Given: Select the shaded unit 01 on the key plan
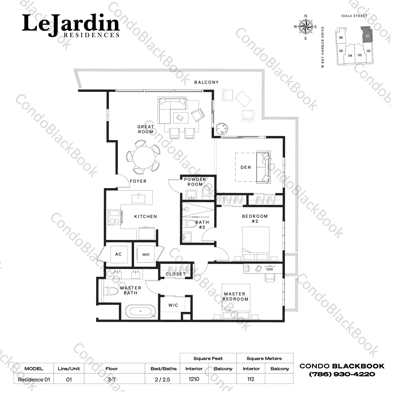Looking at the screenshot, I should (367, 35).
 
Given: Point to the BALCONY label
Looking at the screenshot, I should (206, 82).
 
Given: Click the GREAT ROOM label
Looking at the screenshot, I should (146, 129).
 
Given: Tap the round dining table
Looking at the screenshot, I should (143, 158).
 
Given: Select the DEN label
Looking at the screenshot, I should (246, 167).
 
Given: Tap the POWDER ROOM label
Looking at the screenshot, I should (195, 182).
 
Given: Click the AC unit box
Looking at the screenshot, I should (118, 254).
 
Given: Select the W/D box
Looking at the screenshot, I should (146, 254).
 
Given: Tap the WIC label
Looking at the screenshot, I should (173, 305).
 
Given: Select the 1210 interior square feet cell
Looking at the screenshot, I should (194, 379).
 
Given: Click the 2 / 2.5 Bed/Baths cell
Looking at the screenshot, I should (162, 379).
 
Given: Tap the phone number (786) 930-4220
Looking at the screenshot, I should (342, 374).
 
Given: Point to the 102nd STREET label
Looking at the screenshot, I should (354, 16).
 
